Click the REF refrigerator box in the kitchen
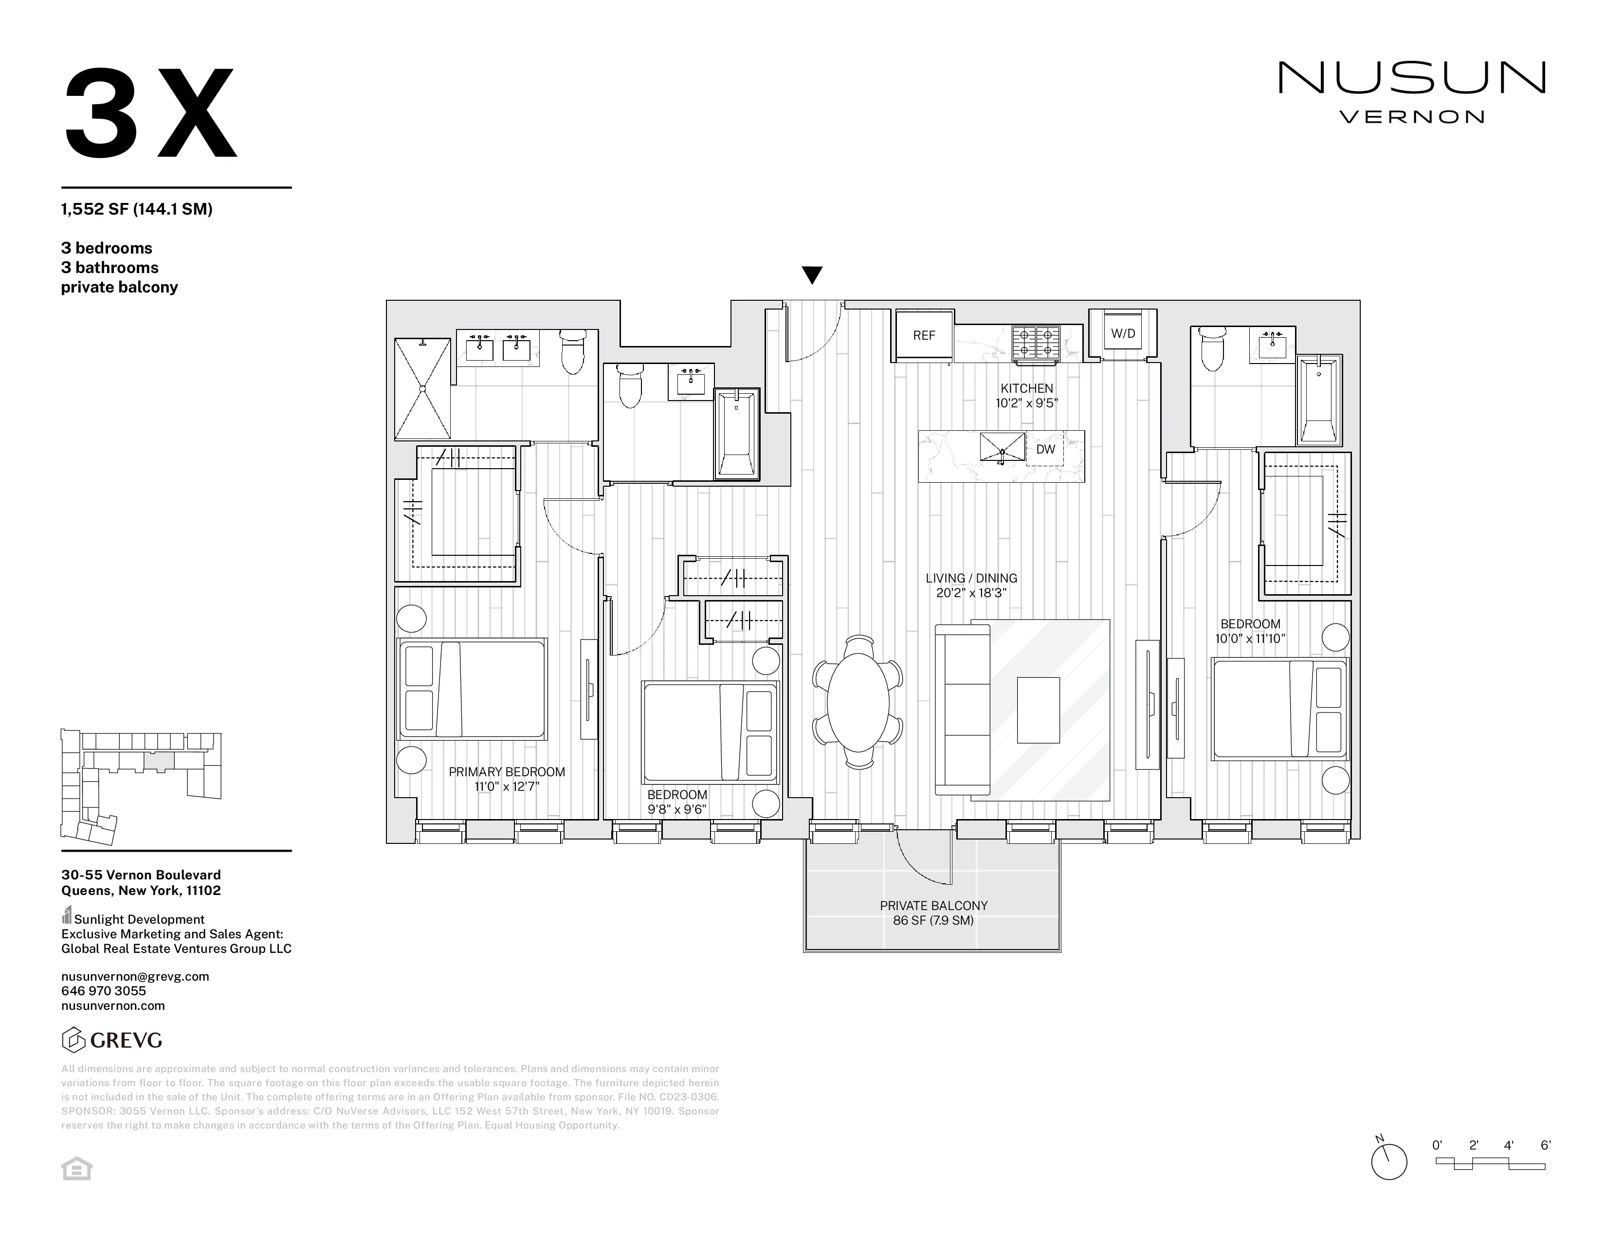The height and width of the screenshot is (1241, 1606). pos(924,335)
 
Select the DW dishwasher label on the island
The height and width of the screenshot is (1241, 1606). pos(1045,449)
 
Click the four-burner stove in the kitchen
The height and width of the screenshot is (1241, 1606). pos(1036,343)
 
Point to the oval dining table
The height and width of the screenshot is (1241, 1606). pos(858,701)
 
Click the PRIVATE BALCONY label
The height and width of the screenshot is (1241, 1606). pos(933,906)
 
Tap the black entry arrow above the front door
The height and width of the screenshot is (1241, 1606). pos(812,275)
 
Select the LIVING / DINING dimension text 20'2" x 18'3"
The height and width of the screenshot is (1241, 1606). pos(971,593)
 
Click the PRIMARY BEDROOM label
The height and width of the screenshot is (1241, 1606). pos(507,772)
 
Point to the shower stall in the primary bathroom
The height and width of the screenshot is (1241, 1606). pos(423,388)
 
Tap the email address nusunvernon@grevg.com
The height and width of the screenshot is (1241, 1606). pos(135,976)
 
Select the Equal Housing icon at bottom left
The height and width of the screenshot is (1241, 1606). pos(76,1169)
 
